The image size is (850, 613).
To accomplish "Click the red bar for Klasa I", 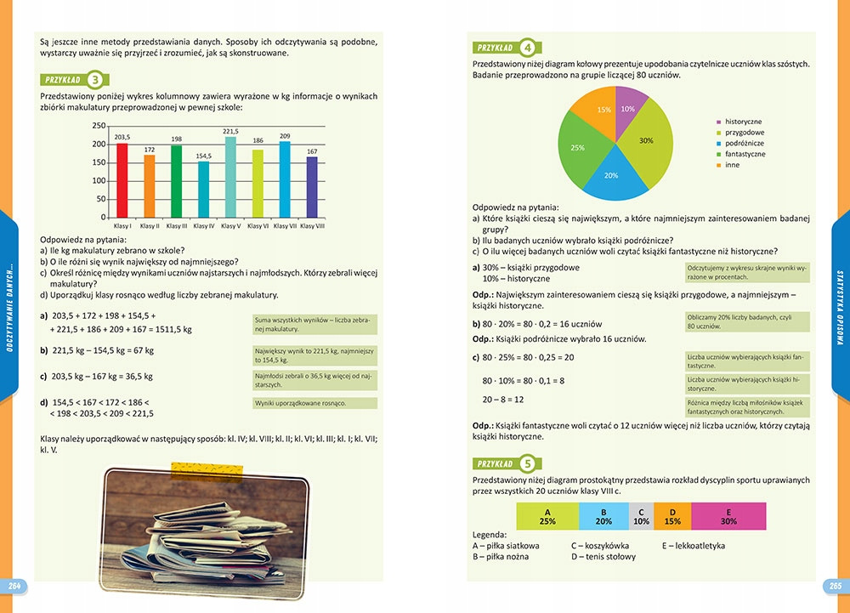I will click(x=122, y=180).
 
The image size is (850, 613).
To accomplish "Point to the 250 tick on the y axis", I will click(x=99, y=126).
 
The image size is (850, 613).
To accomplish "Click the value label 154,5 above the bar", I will click(x=203, y=156).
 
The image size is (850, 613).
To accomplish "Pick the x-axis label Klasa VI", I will click(x=258, y=226).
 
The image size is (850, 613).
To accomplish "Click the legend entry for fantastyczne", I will click(x=745, y=154).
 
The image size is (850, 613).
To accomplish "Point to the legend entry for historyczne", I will click(x=742, y=122).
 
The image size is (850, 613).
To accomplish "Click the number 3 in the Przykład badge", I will click(x=95, y=80).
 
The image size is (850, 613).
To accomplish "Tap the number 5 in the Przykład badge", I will click(x=528, y=464).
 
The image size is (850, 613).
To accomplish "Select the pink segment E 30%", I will click(x=728, y=515).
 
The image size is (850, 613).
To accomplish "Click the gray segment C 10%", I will click(x=640, y=515).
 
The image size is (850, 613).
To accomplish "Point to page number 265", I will click(x=835, y=586).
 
